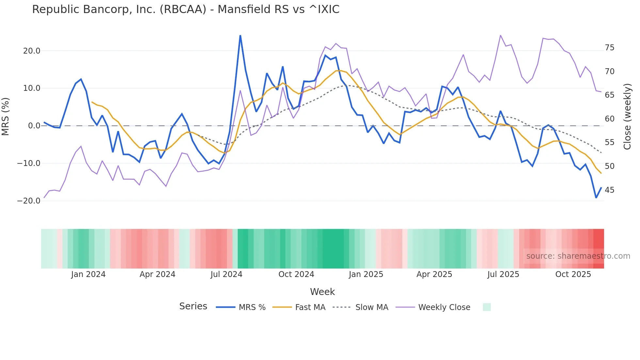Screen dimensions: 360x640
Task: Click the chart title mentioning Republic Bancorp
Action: [x=185, y=9]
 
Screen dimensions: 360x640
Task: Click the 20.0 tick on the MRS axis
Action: [x=32, y=51]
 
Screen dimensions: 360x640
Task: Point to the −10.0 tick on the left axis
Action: [x=29, y=163]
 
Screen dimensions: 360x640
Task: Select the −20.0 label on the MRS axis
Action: [x=29, y=201]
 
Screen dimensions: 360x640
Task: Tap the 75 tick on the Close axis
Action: [x=609, y=48]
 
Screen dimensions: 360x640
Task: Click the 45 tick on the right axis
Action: [x=609, y=190]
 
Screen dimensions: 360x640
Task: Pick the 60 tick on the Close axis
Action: [x=609, y=119]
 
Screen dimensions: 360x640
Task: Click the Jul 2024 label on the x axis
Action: [x=226, y=274]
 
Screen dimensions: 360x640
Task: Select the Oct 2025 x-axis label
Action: [x=573, y=274]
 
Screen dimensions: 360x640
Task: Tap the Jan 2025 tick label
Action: [x=366, y=274]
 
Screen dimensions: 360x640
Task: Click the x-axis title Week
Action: [x=322, y=292]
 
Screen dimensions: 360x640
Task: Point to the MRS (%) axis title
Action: [x=6, y=116]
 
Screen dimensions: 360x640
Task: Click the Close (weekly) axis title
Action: [x=627, y=116]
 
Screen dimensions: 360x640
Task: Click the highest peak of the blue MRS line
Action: [x=240, y=35]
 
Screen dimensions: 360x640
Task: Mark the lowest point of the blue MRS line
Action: [x=596, y=198]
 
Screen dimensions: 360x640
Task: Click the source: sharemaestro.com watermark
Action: [x=578, y=256]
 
